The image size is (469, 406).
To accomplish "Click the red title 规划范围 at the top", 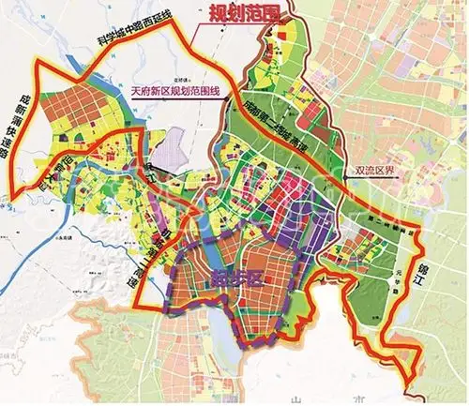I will coord(234,12).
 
